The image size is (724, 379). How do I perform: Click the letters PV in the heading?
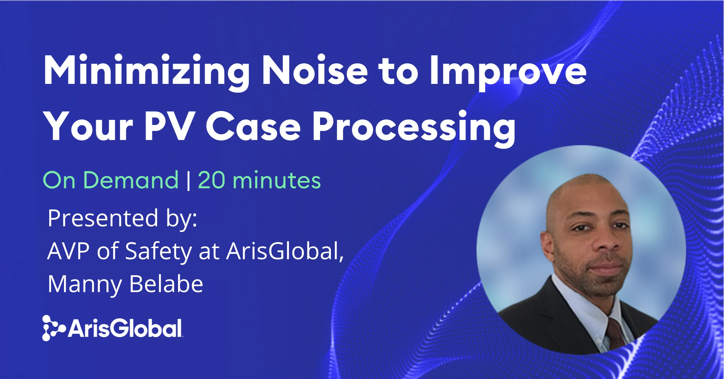click(x=169, y=126)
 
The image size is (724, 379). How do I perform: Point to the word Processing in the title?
click(x=414, y=127)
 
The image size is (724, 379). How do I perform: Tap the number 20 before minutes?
click(x=211, y=180)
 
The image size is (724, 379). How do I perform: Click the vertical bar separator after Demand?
click(x=189, y=181)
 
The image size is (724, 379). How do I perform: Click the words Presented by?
click(x=122, y=218)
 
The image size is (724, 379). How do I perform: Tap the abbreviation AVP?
click(x=68, y=251)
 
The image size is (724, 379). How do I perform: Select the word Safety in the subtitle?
click(x=158, y=251)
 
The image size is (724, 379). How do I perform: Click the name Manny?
click(x=85, y=284)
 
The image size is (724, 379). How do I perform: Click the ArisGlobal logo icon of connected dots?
click(x=52, y=328)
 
